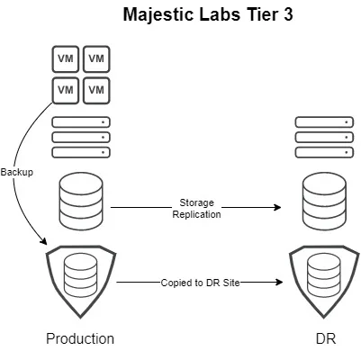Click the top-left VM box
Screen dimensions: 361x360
coord(66,58)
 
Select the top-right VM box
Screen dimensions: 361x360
coord(96,58)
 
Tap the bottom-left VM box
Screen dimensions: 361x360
coord(66,90)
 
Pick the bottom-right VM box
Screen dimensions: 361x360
coord(96,90)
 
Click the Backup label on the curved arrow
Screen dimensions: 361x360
coord(17,172)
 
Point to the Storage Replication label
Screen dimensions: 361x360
coord(196,209)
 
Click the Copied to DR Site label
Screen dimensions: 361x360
coord(200,283)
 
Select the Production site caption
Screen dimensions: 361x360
coord(80,338)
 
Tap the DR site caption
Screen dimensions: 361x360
coord(326,338)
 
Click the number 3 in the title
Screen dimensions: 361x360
coord(287,14)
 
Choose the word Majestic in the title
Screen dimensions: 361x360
coord(159,14)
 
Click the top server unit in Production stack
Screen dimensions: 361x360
coord(81,122)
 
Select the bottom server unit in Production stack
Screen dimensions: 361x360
coord(81,152)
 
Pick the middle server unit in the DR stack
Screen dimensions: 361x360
coord(324,137)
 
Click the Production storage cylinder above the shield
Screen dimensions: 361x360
coord(81,202)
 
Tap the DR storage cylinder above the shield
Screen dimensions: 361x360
coord(324,202)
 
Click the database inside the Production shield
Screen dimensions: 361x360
coord(81,275)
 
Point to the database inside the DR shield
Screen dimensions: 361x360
coord(324,275)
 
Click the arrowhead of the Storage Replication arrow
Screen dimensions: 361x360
coord(277,207)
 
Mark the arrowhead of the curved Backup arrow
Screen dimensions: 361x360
coord(43,241)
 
